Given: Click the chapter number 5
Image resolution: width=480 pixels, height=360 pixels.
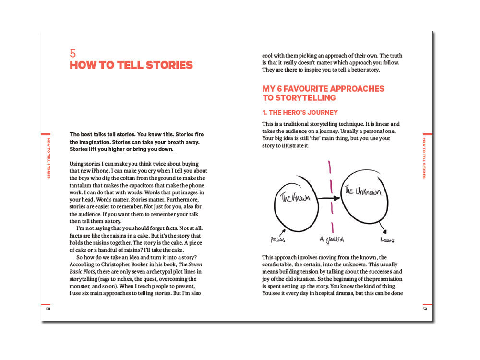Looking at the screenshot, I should coord(72,53).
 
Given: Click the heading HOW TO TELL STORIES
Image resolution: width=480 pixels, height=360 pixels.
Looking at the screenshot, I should coord(131,65).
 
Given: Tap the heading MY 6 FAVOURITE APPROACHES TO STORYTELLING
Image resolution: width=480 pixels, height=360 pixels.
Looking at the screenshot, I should coord(323,93).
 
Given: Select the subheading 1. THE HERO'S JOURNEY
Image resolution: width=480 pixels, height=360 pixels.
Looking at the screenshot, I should coord(300,113).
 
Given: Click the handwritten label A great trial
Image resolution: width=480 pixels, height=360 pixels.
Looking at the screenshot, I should coord(332,239).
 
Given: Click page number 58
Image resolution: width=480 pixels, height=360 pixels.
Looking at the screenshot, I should coord(48,309).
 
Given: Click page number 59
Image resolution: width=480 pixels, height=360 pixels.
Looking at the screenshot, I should coord(425,309).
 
